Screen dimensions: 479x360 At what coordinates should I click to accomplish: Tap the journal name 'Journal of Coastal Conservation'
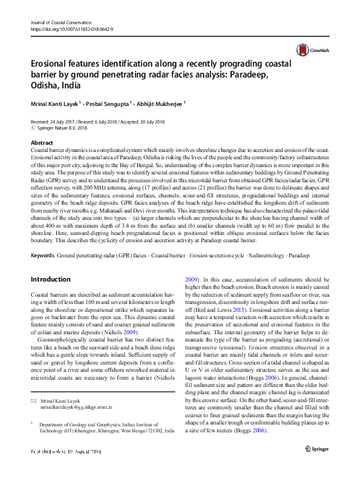pos(61,22)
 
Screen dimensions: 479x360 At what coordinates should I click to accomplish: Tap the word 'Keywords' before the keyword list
pos(42,257)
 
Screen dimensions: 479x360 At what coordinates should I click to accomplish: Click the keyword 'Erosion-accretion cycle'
pos(209,257)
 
